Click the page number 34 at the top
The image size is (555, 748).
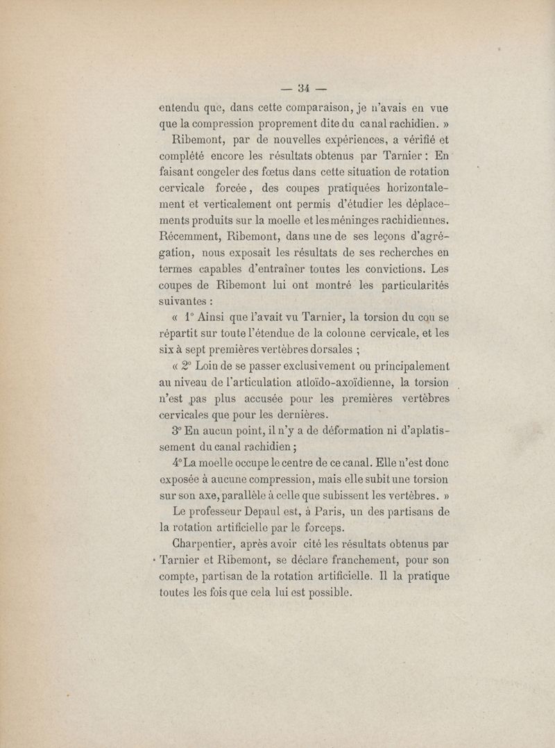click(x=302, y=88)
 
